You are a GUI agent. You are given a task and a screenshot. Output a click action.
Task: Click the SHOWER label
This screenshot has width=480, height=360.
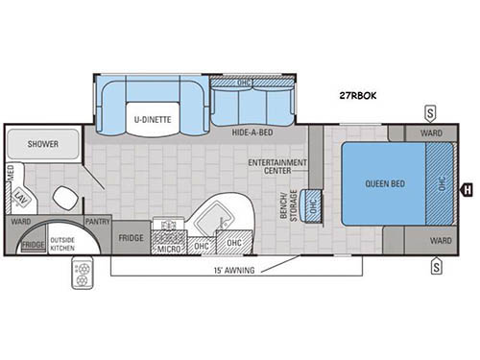pyautogui.click(x=42, y=144)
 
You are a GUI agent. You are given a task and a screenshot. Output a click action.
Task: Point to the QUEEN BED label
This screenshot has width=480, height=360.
pyautogui.click(x=382, y=183)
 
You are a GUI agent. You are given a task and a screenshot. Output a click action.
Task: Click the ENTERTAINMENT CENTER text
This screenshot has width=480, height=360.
pyautogui.click(x=277, y=167)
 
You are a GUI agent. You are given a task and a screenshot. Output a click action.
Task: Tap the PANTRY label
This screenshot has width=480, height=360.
pyautogui.click(x=97, y=221)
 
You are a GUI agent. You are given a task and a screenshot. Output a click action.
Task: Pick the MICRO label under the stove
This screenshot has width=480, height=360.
pyautogui.click(x=168, y=248)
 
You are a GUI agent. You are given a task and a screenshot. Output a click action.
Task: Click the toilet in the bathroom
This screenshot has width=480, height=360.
pyautogui.click(x=64, y=199)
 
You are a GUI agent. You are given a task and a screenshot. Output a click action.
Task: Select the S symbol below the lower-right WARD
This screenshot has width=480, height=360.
pyautogui.click(x=435, y=265)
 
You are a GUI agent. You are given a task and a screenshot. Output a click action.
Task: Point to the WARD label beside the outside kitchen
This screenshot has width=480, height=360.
pyautogui.click(x=20, y=221)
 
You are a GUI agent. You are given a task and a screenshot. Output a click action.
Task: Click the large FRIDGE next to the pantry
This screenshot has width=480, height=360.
pyautogui.click(x=131, y=237)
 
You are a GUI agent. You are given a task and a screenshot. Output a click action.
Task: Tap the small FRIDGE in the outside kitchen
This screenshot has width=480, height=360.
pyautogui.click(x=31, y=246)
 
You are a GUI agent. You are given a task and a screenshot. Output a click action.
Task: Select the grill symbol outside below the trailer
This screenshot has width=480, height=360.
pyautogui.click(x=82, y=275)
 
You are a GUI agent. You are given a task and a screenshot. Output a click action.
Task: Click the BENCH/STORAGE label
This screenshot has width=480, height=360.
pyautogui.click(x=285, y=203)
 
